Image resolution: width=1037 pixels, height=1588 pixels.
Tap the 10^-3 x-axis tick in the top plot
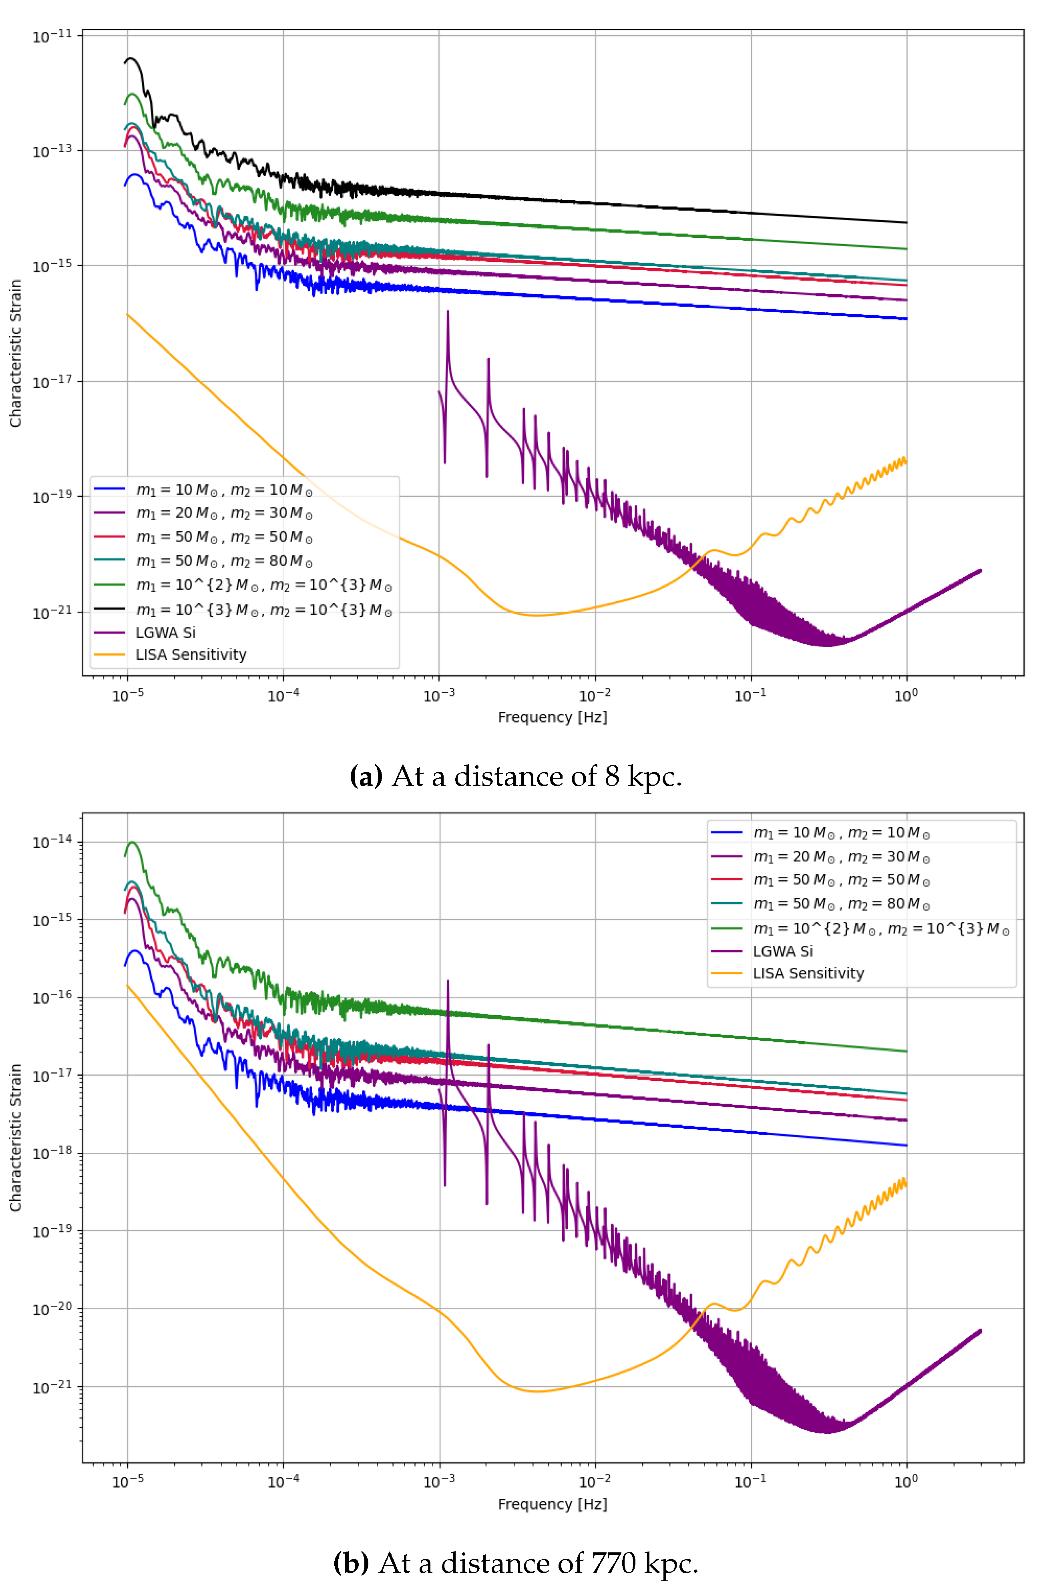tap(439, 696)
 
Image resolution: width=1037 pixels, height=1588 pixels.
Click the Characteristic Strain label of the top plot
tap(15, 353)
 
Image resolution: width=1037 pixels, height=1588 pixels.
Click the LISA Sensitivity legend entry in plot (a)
tap(191, 654)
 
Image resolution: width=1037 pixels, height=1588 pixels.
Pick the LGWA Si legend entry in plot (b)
tap(782, 951)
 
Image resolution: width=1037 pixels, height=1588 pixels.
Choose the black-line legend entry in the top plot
tap(263, 609)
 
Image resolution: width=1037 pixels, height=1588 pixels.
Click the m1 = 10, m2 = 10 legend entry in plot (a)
tap(223, 490)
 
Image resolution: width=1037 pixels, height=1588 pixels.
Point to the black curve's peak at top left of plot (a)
tap(131, 59)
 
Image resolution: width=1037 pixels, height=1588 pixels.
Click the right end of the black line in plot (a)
tap(906, 222)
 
